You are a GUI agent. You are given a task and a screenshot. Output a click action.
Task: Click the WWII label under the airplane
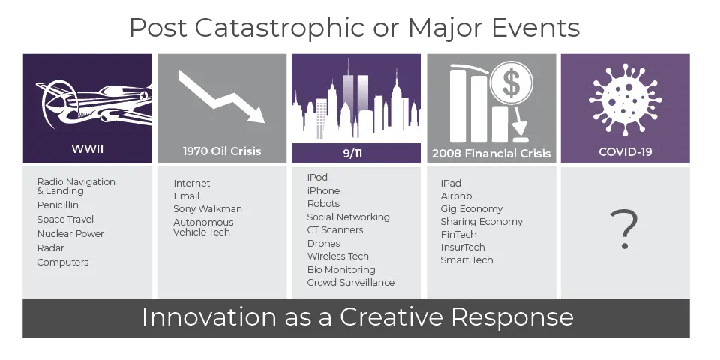click(x=87, y=148)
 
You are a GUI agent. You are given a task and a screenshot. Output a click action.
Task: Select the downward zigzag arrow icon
click(x=222, y=97)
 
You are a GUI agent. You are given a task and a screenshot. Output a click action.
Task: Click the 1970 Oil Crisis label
click(x=222, y=151)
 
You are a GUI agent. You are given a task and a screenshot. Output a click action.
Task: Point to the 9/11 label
click(x=352, y=153)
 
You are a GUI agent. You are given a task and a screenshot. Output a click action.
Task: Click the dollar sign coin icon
click(x=511, y=83)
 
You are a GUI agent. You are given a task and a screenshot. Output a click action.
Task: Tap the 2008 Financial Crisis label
click(x=491, y=153)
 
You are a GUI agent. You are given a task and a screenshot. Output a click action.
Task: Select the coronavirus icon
click(x=625, y=100)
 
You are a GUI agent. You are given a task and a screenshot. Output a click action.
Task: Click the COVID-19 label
click(x=625, y=151)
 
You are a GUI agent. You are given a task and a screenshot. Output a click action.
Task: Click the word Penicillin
click(x=58, y=205)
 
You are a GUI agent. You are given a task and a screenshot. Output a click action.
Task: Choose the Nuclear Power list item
click(x=70, y=234)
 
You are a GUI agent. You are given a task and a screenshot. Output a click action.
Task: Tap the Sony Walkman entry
click(x=208, y=209)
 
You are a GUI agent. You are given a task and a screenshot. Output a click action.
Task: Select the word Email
click(x=187, y=196)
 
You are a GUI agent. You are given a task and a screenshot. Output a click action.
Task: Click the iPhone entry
click(x=324, y=190)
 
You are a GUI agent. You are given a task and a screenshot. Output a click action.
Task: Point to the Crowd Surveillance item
click(x=351, y=283)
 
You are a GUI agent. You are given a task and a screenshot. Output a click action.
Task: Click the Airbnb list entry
click(x=457, y=196)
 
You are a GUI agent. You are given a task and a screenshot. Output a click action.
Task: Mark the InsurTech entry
click(x=463, y=247)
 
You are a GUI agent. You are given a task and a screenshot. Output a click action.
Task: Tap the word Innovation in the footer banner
click(x=209, y=316)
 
